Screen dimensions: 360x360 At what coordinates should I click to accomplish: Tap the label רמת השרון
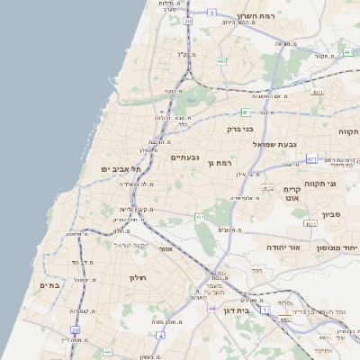point(261,16)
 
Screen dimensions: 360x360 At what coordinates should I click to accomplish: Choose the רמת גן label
point(219,163)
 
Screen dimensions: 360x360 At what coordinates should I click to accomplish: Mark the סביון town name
point(330,215)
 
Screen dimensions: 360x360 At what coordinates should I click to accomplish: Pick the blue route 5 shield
point(211,13)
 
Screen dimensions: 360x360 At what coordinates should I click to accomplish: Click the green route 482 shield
point(220,62)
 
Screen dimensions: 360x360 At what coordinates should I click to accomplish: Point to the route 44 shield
point(211,309)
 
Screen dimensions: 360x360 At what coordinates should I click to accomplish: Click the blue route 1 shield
point(265,310)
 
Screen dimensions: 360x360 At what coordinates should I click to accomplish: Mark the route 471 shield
point(310,159)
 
